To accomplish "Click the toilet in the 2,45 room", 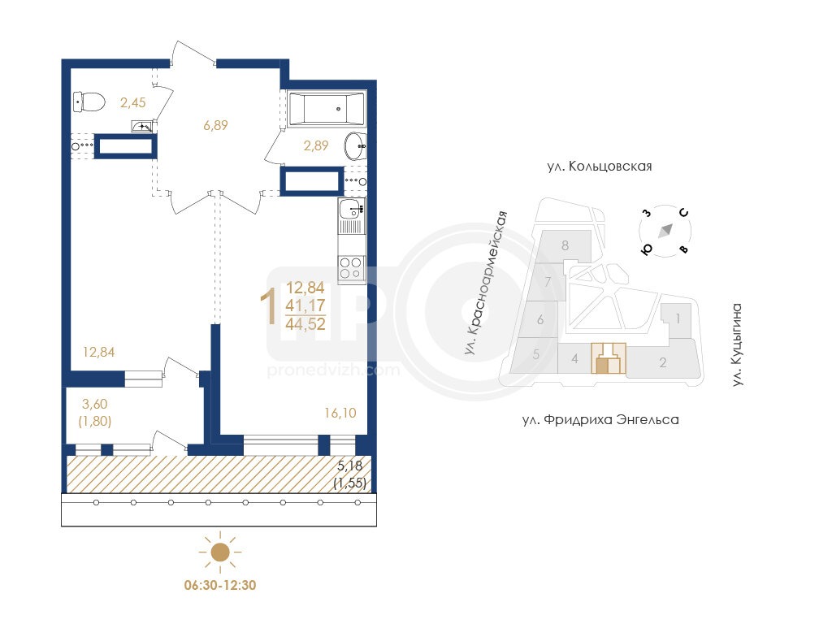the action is click(89, 102).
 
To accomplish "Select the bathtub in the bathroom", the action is click(327, 110).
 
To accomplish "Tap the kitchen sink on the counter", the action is click(352, 209).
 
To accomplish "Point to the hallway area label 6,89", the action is click(215, 125).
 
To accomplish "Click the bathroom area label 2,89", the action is click(316, 145).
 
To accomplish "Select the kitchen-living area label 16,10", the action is click(340, 413).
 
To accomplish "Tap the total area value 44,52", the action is click(305, 323).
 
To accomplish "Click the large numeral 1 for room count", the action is click(269, 306).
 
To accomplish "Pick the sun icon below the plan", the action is click(220, 552).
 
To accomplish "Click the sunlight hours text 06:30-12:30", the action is click(220, 585).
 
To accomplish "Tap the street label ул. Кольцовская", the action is click(600, 166).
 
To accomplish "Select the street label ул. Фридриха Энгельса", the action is click(600, 420).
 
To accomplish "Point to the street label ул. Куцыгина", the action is click(736, 344).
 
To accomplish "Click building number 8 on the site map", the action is click(565, 245).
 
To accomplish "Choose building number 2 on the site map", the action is click(663, 362).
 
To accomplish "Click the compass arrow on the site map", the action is click(665, 231).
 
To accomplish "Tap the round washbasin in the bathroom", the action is click(354, 145).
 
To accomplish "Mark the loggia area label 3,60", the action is click(94, 404).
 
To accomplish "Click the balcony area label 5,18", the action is click(350, 466).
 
